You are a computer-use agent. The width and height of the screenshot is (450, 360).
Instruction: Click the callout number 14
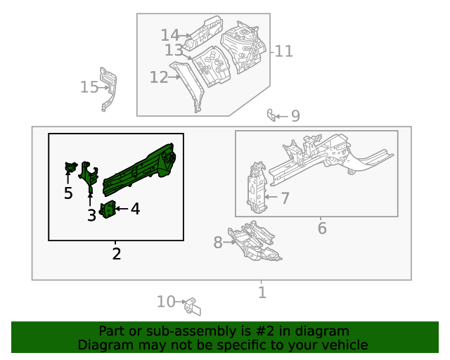coord(170,34)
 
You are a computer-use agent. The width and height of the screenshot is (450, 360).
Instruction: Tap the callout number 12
coord(159,77)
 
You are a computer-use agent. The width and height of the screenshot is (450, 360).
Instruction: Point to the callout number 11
coord(283,51)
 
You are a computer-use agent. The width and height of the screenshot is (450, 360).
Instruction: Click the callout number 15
coord(89,86)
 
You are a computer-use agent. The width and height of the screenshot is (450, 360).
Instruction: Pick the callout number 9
coord(295,116)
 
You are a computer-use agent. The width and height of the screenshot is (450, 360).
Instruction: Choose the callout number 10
coord(166,302)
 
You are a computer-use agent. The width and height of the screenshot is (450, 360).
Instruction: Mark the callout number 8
coord(217,243)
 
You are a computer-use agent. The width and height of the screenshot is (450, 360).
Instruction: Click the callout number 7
coord(285,198)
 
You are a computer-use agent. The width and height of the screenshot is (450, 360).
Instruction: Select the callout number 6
coord(322,229)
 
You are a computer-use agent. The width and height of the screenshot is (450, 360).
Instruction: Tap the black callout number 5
coord(68,193)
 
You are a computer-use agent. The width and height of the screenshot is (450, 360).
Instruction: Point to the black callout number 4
coord(135,208)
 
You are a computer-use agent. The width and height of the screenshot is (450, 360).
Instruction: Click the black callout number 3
coord(91,215)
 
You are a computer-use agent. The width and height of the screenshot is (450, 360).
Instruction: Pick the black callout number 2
coord(117,253)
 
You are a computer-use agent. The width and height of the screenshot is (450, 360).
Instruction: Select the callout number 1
coord(262,292)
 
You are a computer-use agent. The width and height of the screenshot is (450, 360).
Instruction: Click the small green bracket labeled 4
coord(108,209)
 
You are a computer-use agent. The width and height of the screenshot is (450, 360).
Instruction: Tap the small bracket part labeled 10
coord(193,306)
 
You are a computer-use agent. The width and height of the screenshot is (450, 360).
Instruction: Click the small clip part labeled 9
coord(271,114)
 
